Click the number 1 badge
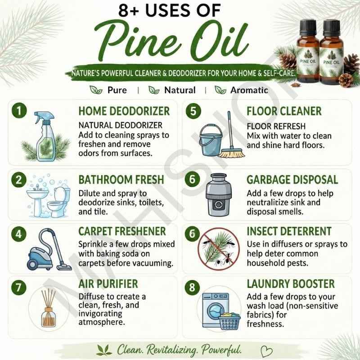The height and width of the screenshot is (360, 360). pyautogui.click(x=19, y=110)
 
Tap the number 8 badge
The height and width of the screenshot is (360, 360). pyautogui.click(x=192, y=287)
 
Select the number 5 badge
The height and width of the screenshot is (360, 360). pyautogui.click(x=193, y=111)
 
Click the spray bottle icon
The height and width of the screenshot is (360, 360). pyautogui.click(x=45, y=136)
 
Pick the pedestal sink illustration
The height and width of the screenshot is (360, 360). pyautogui.click(x=38, y=200)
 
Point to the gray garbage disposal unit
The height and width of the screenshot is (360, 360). pyautogui.click(x=218, y=195)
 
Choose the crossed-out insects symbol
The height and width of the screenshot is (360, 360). pyautogui.click(x=219, y=249)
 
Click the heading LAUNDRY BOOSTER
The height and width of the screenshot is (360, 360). pyautogui.click(x=291, y=284)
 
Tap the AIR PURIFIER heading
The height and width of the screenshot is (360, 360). pyautogui.click(x=108, y=284)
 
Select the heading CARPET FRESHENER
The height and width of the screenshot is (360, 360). pyautogui.click(x=122, y=231)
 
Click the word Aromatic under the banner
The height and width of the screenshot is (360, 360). pyautogui.click(x=249, y=90)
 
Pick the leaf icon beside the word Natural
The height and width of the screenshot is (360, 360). pyautogui.click(x=154, y=90)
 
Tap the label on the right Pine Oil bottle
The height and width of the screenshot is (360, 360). pyautogui.click(x=331, y=62)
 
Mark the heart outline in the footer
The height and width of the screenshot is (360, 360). pyautogui.click(x=266, y=351)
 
